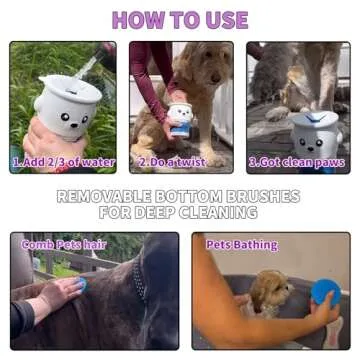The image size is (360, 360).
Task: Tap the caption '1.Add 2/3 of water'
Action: point(63,162)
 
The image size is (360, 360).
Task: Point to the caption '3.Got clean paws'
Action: point(297,162)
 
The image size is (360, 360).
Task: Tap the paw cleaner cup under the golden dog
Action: point(180,118)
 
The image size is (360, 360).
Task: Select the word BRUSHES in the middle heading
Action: point(264,197)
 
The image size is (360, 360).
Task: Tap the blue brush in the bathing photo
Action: point(325,293)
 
